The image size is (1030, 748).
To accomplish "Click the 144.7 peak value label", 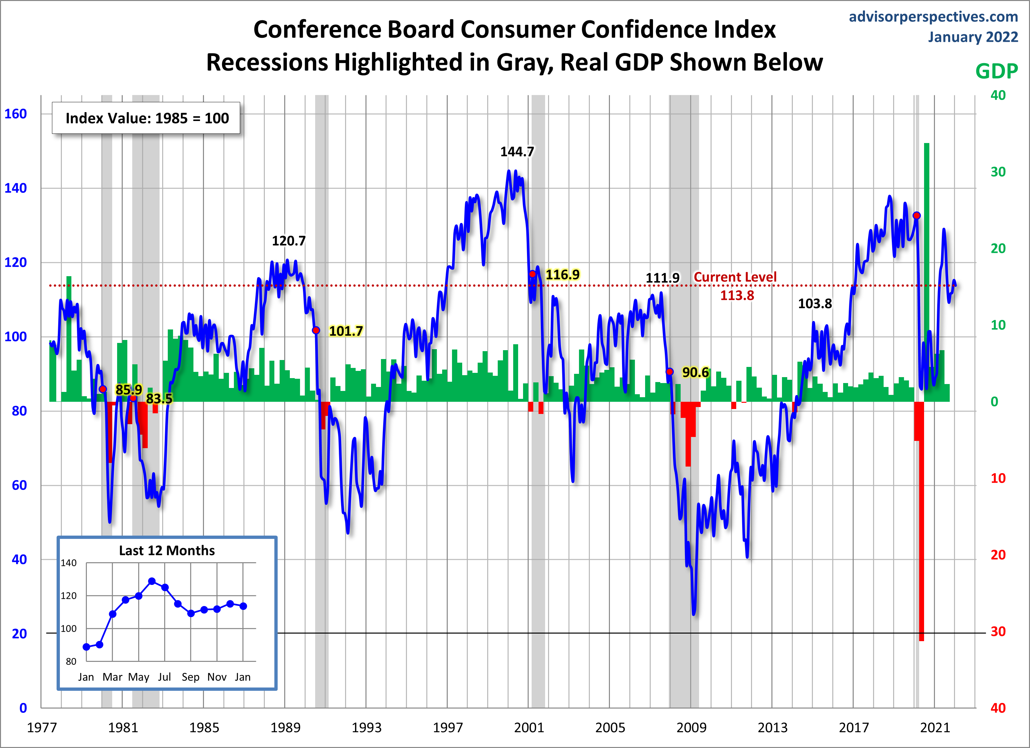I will (x=517, y=152).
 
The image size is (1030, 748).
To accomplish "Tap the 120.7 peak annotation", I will (x=289, y=241).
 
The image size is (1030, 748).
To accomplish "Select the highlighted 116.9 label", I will (x=562, y=274).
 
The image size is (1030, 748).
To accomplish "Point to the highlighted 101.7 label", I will (x=346, y=331).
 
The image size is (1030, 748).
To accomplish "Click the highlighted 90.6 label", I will (x=695, y=372).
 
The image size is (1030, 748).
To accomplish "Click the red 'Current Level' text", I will (x=735, y=277).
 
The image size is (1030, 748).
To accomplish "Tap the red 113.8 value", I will (x=737, y=296).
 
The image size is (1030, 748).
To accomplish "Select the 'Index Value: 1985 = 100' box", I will (x=146, y=118).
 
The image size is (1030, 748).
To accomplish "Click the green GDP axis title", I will (x=996, y=71).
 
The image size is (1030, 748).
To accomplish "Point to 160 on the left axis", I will (x=16, y=113).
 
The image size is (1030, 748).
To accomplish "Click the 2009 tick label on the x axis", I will (x=691, y=728).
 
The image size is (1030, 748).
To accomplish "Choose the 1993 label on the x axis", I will (x=366, y=728).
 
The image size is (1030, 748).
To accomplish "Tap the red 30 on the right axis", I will (x=998, y=631).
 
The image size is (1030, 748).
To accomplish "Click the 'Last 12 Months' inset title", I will (x=167, y=550).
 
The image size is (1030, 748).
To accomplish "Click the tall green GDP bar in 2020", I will (x=926, y=272).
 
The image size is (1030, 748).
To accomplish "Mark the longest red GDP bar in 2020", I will (x=921, y=522).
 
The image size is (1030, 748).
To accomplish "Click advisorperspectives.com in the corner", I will (x=933, y=16).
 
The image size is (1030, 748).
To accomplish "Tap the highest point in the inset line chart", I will (x=152, y=581).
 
